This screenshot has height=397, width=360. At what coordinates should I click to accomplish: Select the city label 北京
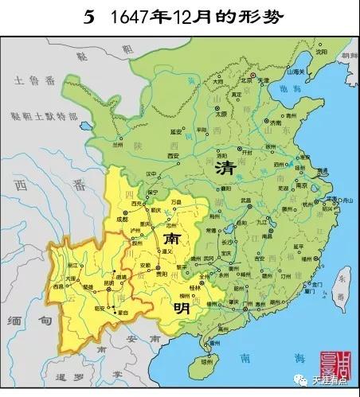click(247, 70)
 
